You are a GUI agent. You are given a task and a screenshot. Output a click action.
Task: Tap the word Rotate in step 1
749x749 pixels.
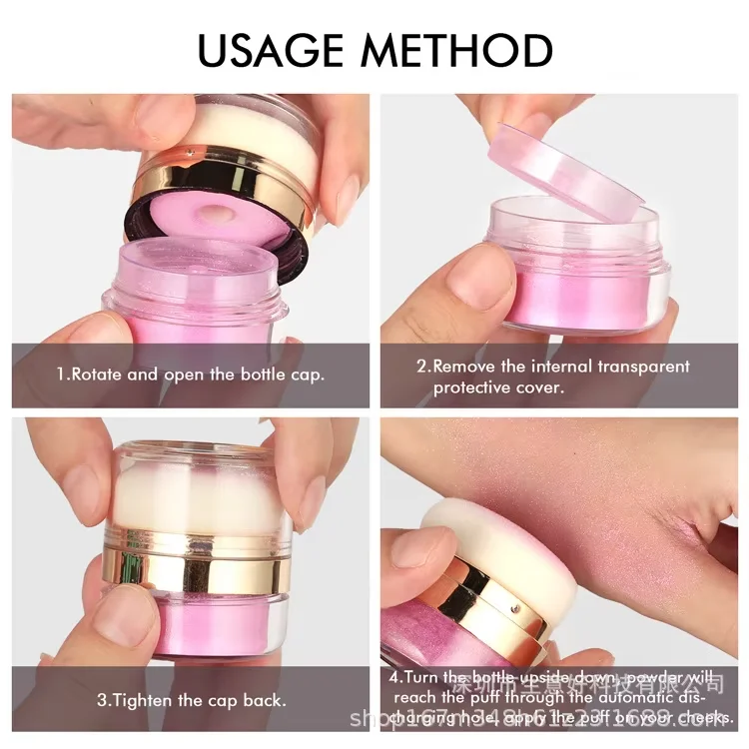pos(99,375)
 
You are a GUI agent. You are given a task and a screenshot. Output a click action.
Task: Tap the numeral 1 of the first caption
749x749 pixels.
pos(60,375)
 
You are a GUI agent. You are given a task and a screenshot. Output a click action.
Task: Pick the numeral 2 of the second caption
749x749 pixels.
pos(421,367)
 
